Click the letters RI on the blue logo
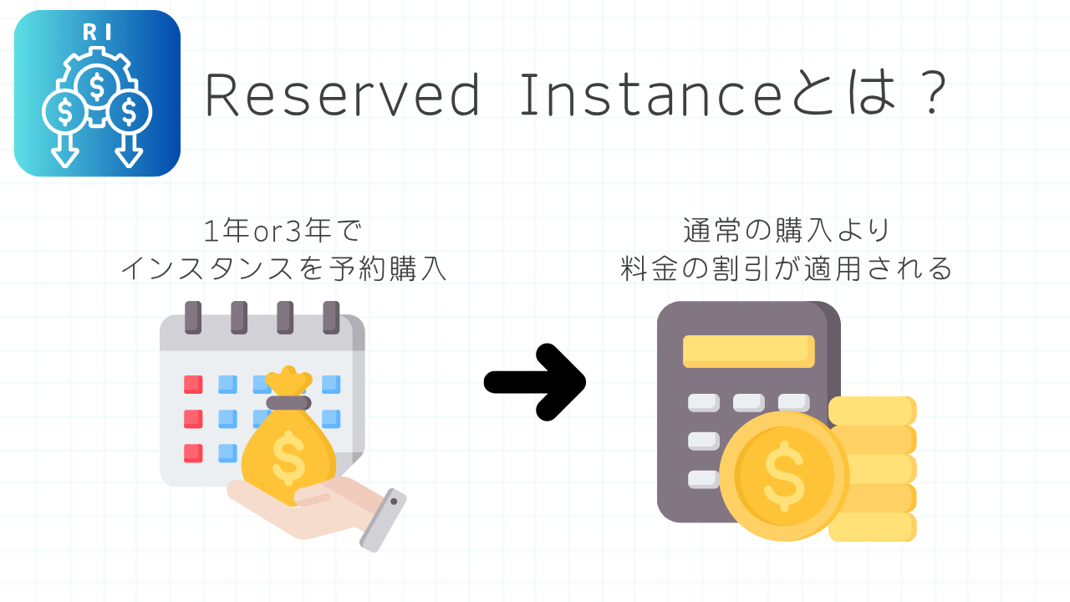97,32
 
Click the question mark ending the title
932,93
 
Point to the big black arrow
535,382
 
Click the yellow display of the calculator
748,352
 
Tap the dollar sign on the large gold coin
784,477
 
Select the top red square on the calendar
193,384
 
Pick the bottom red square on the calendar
193,453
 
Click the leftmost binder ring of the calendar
193,317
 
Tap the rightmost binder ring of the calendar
331,317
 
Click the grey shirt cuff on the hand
383,520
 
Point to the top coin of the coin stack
872,411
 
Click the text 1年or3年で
283,230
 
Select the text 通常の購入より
787,230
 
